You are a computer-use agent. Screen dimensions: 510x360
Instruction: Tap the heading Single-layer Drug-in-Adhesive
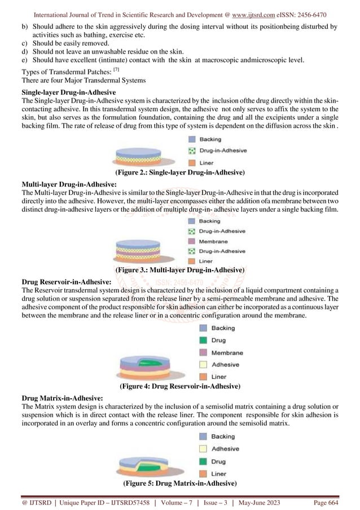click(x=69, y=91)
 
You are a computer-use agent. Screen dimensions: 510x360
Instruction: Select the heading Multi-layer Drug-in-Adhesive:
click(x=69, y=184)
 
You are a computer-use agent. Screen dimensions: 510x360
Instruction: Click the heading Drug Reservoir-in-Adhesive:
click(x=65, y=281)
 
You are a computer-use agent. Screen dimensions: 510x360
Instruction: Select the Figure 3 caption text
click(x=179, y=271)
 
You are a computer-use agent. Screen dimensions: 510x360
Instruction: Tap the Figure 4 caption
click(x=179, y=387)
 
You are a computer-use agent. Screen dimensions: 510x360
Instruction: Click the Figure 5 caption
click(x=179, y=484)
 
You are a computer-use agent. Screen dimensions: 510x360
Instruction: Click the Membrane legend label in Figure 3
click(x=214, y=241)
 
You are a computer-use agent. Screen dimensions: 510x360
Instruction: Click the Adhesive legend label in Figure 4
click(x=225, y=364)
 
